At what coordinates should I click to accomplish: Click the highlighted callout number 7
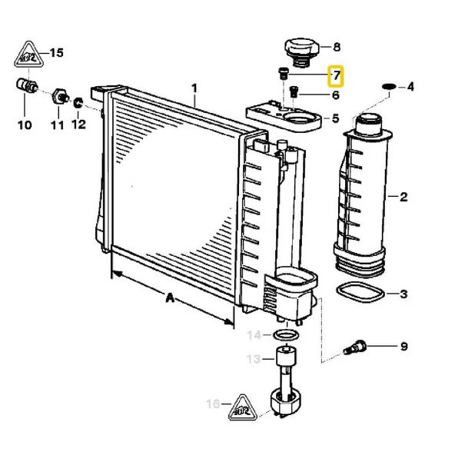[x=336, y=76]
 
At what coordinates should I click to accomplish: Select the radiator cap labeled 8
[x=301, y=51]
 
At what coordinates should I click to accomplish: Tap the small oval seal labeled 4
[x=389, y=86]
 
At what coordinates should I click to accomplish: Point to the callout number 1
[x=194, y=88]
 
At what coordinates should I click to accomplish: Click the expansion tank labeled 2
[x=363, y=195]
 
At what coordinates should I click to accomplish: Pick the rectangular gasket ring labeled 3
[x=360, y=292]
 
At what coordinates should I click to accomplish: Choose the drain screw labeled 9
[x=355, y=347]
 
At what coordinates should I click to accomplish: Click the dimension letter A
[x=170, y=297]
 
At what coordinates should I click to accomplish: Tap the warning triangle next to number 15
[x=29, y=55]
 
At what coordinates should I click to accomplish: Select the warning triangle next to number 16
[x=243, y=407]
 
